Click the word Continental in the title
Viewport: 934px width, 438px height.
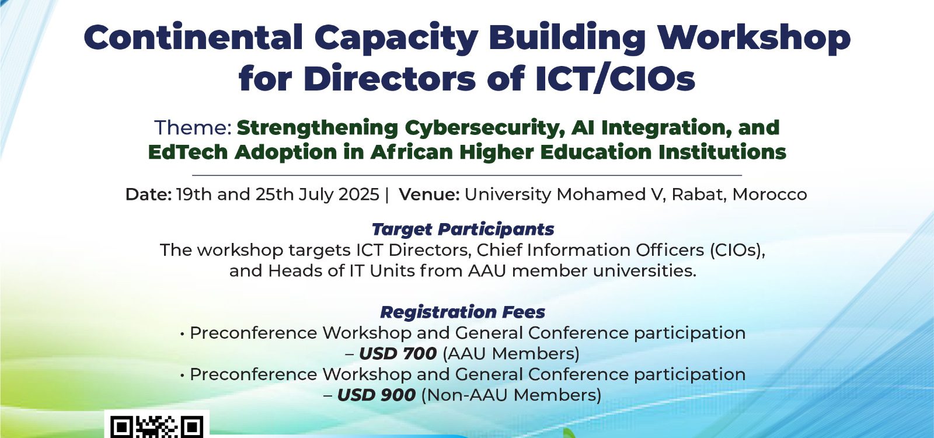pyautogui.click(x=193, y=37)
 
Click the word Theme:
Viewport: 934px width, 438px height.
pyautogui.click(x=193, y=127)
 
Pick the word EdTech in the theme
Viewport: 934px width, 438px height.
pyautogui.click(x=187, y=152)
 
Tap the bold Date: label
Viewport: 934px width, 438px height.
pyautogui.click(x=148, y=194)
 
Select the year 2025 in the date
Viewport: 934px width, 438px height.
pyautogui.click(x=359, y=194)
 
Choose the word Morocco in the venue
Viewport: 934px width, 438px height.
pyautogui.click(x=770, y=194)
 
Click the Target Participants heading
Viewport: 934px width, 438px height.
pyautogui.click(x=463, y=230)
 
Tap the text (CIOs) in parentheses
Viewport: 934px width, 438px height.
pyautogui.click(x=738, y=250)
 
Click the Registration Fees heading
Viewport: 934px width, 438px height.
pyautogui.click(x=463, y=312)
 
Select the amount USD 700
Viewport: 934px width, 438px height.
pyautogui.click(x=398, y=354)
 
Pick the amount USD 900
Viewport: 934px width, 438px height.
pyautogui.click(x=376, y=395)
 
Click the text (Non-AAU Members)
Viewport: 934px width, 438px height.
pyautogui.click(x=511, y=395)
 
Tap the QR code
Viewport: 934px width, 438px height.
pyautogui.click(x=157, y=426)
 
